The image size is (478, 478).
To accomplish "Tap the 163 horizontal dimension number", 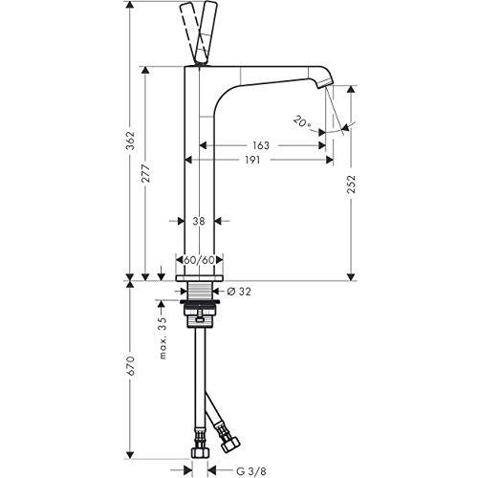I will point(261,145).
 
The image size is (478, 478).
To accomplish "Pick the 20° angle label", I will point(303,121).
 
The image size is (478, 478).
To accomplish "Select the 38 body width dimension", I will point(199,221).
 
